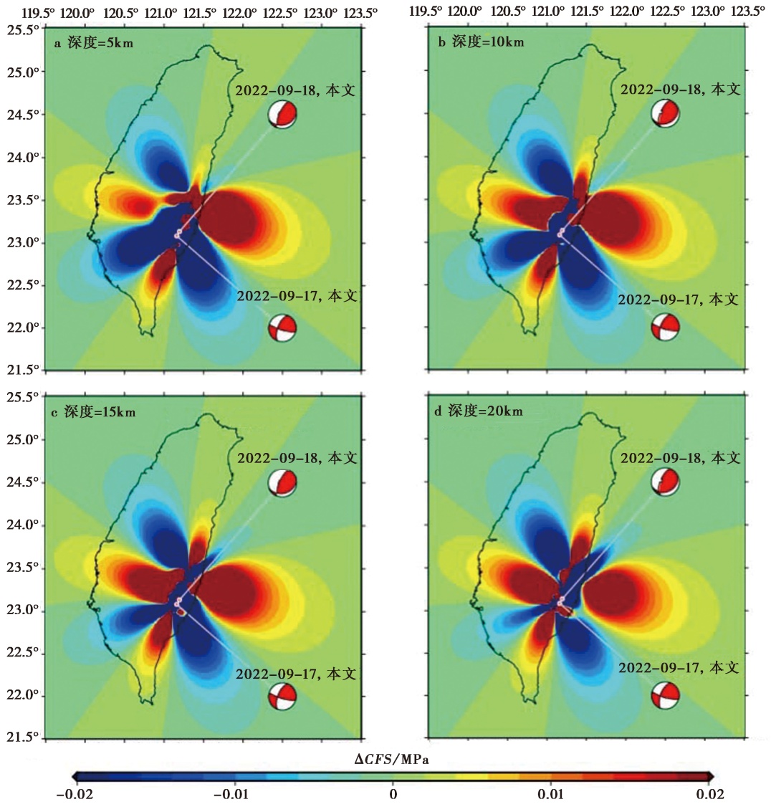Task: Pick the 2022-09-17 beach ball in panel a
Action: (x=282, y=329)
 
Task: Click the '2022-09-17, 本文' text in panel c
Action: (x=297, y=674)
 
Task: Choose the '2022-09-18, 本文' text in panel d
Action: (x=679, y=458)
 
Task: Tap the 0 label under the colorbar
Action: (x=393, y=794)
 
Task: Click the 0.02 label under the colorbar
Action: (x=709, y=794)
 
